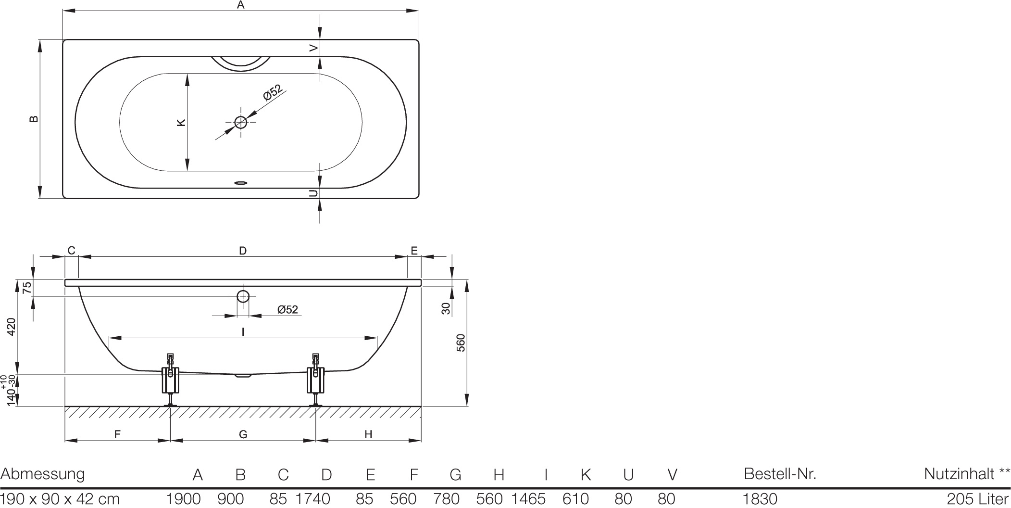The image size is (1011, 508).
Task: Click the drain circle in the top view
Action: coord(240,122)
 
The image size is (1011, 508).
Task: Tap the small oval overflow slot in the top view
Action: coord(240,183)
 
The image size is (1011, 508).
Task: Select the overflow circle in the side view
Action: coord(243,296)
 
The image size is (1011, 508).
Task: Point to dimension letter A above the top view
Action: coord(241,5)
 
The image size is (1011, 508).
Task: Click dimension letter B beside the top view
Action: coord(34,119)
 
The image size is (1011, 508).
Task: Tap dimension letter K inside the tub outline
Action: coord(181,122)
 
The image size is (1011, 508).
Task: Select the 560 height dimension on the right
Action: coord(461,343)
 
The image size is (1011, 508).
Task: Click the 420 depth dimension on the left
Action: coord(12,327)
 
